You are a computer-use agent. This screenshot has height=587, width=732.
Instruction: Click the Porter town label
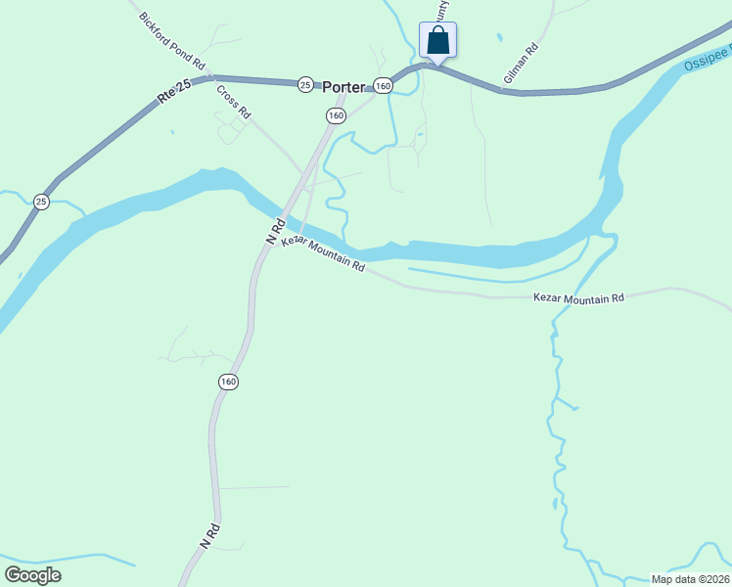pos(343,86)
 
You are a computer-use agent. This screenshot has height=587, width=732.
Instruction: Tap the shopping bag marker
pos(438,41)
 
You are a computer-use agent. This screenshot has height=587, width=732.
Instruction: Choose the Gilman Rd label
pos(521,64)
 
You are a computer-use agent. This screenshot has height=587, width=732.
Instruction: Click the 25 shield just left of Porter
pos(306,85)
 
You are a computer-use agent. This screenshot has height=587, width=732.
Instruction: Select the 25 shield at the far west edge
pos(41,202)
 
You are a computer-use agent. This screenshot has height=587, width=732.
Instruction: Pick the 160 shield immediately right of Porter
pos(383,86)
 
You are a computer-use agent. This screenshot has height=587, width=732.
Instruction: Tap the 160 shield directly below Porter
pos(336,115)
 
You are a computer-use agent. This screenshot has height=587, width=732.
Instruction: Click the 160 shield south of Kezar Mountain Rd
pos(228,382)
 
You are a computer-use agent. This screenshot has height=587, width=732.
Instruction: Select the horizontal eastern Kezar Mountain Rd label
pos(578,297)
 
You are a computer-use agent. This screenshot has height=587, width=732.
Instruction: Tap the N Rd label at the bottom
pos(208,534)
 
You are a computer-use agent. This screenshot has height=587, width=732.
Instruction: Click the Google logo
pos(32,575)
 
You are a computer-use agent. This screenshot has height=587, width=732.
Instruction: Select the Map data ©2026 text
pos(690,579)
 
